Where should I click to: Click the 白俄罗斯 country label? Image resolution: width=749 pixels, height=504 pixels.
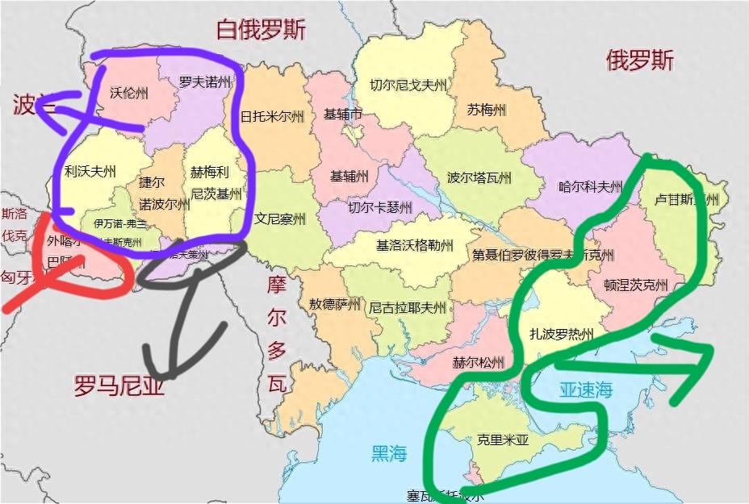[x=261, y=31]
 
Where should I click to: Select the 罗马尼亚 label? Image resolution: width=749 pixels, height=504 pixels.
[x=119, y=386]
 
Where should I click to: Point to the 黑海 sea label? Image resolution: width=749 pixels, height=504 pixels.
[x=388, y=453]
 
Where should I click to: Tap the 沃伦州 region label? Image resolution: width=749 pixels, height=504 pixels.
[x=129, y=93]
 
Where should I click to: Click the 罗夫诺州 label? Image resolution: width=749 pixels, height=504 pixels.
[x=205, y=82]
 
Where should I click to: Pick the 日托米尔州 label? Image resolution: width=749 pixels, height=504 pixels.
[x=272, y=116]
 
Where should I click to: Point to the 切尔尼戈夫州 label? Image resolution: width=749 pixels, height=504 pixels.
[x=408, y=84]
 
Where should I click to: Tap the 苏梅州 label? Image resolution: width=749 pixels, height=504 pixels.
[x=486, y=110]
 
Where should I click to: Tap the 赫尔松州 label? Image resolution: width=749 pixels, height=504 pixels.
[x=479, y=362]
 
